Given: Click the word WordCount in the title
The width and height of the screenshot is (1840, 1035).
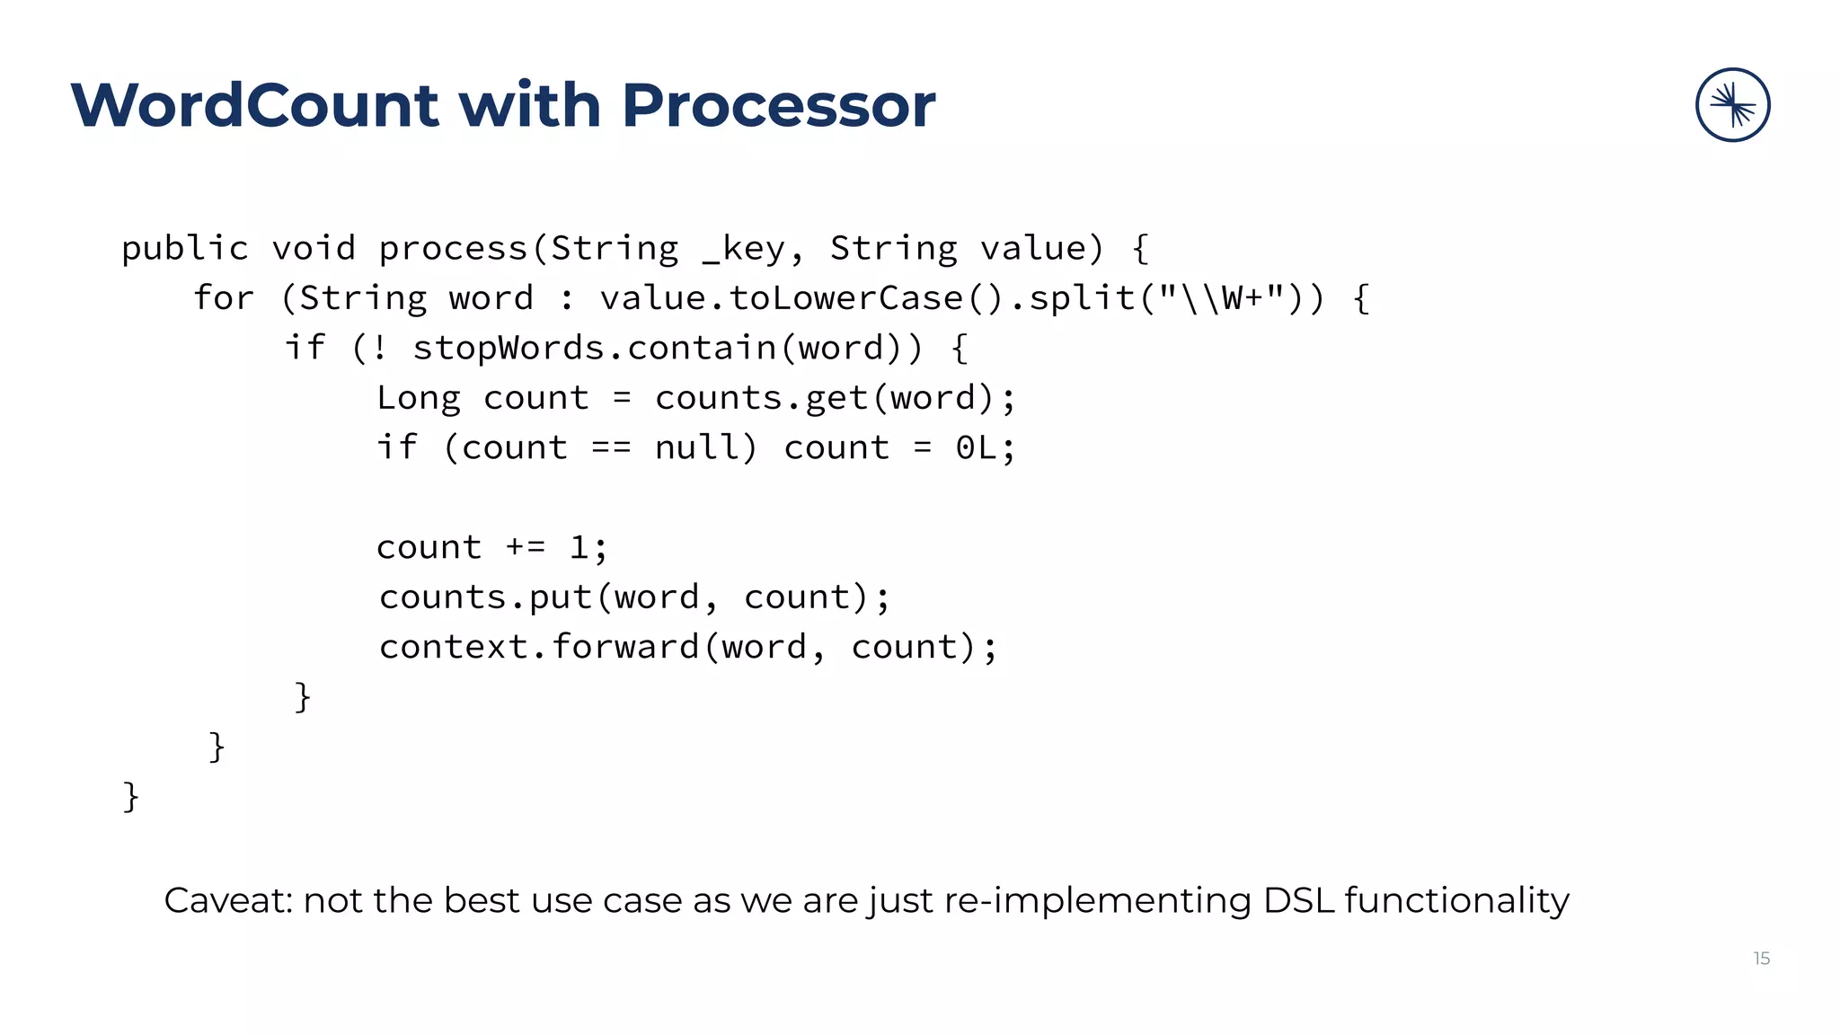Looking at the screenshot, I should click(x=254, y=106).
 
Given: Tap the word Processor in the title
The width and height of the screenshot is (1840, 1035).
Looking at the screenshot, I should click(x=778, y=106).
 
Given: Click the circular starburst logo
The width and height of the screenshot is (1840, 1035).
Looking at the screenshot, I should click(x=1732, y=105).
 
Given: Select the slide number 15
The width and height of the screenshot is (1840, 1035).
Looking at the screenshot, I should click(x=1761, y=959).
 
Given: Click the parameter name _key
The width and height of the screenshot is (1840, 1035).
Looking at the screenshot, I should click(x=743, y=249).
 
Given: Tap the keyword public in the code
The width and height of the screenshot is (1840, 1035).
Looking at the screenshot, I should click(x=185, y=249).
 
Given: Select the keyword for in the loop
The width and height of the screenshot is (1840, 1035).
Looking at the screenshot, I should click(x=224, y=298).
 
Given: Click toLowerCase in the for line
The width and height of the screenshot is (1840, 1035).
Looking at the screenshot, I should click(x=845, y=298).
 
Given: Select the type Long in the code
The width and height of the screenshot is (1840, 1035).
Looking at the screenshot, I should click(x=418, y=398).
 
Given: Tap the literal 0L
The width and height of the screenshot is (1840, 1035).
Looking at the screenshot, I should click(x=976, y=447).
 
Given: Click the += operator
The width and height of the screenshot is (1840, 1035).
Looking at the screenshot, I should click(x=526, y=547).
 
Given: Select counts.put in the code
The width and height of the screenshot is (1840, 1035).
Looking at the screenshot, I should click(x=485, y=597).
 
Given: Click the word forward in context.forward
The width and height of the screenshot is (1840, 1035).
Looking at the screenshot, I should click(x=625, y=647).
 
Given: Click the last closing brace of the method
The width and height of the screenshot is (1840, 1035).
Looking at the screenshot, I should click(x=131, y=796).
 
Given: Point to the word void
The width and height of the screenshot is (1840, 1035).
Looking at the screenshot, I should click(x=314, y=249).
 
